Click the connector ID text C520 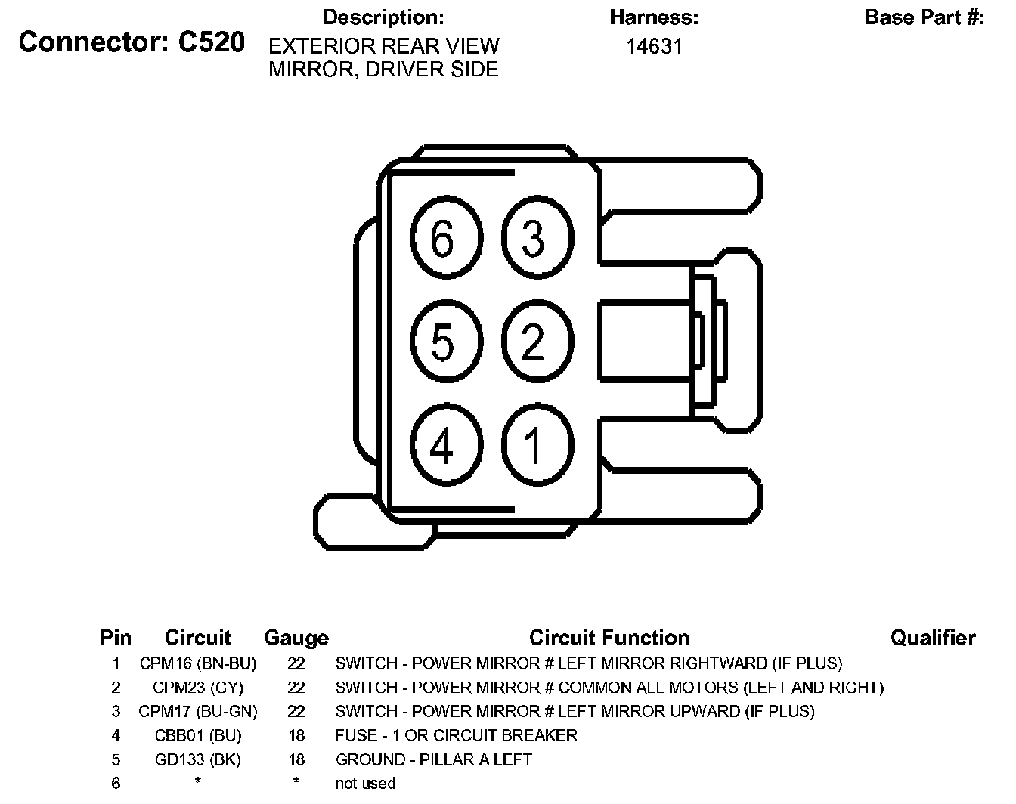coord(212,42)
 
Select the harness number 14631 coord(654,47)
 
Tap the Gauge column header coord(296,639)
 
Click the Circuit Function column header coord(609,639)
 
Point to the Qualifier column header coord(933,639)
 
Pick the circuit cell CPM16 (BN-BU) coord(198,663)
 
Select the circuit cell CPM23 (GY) coord(198,688)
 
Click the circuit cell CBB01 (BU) coord(198,735)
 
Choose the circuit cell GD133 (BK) coord(198,759)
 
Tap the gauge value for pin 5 coord(296,759)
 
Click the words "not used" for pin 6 coord(365,784)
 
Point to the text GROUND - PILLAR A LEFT coord(434,759)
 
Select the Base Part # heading coord(924,17)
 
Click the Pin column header coord(116,639)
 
